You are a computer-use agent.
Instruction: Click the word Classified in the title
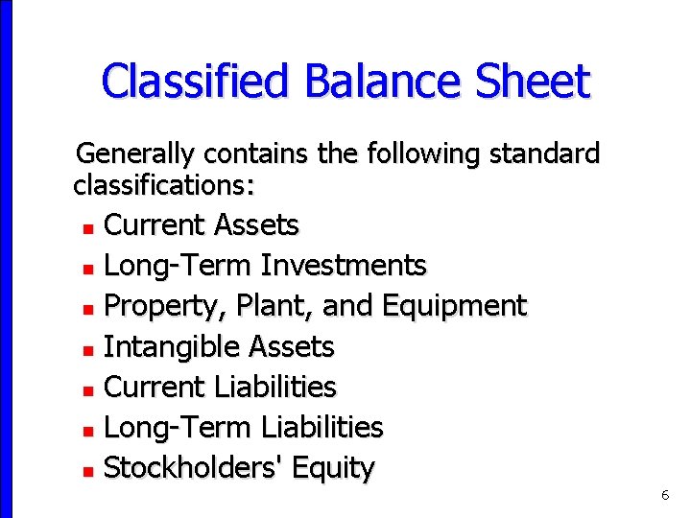pyautogui.click(x=197, y=82)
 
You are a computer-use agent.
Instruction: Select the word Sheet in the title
pyautogui.click(x=531, y=82)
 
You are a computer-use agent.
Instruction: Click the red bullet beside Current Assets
pyautogui.click(x=87, y=228)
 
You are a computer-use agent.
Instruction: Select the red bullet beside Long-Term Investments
pyautogui.click(x=87, y=268)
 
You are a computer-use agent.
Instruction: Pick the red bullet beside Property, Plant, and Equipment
pyautogui.click(x=87, y=309)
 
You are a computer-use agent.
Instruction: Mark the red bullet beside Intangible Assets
pyautogui.click(x=87, y=349)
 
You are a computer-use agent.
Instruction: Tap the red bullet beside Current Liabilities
pyautogui.click(x=87, y=390)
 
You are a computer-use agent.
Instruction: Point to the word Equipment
pyautogui.click(x=454, y=306)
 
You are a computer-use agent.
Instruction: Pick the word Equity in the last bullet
pyautogui.click(x=333, y=469)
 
